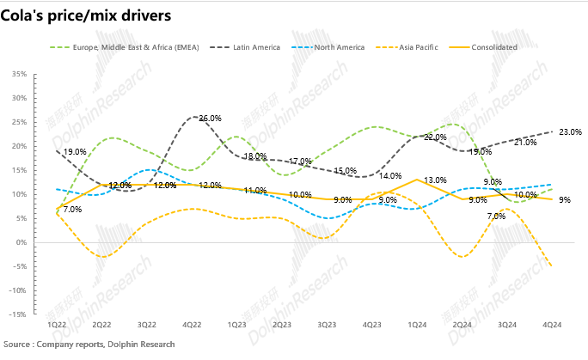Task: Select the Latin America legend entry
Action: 257,47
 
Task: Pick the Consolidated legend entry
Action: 494,47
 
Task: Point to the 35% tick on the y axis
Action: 16,74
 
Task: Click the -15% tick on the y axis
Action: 15,314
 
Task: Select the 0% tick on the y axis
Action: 18,242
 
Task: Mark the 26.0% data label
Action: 211,119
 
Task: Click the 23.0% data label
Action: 570,132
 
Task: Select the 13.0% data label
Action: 435,180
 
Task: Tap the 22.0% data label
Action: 435,137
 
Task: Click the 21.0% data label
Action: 525,143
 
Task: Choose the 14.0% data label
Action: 390,175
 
